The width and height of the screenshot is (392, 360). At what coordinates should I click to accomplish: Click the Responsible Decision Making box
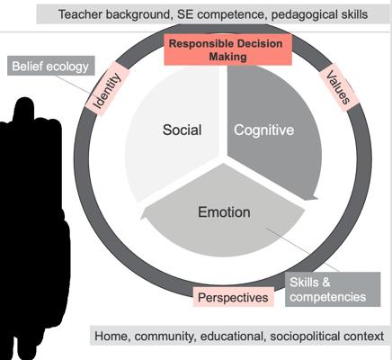point(227,49)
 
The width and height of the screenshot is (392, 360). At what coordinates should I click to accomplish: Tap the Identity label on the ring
point(107,89)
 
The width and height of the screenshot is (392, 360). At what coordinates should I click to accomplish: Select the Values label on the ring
point(338,87)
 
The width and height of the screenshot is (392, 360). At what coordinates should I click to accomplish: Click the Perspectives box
point(233,297)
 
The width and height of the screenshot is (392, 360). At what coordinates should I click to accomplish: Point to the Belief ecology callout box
point(51,66)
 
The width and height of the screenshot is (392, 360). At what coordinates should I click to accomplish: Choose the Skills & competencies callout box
point(333,290)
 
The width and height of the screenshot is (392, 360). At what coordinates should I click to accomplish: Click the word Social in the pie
point(182,130)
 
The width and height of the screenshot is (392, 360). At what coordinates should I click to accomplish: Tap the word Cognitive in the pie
point(264,130)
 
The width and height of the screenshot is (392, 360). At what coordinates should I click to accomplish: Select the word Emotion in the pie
point(224,212)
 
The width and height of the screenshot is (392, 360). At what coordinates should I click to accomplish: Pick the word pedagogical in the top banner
point(302,15)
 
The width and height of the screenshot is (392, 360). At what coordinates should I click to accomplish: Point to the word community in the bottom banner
point(165,337)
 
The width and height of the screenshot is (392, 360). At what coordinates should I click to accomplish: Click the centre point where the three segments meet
point(223,159)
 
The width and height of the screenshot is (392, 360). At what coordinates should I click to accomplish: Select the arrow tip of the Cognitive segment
point(317,198)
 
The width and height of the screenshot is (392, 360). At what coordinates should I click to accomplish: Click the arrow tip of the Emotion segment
point(141,219)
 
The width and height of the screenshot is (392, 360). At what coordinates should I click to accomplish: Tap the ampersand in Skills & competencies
point(326,283)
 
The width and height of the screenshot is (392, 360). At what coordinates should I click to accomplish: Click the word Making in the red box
point(227,57)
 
